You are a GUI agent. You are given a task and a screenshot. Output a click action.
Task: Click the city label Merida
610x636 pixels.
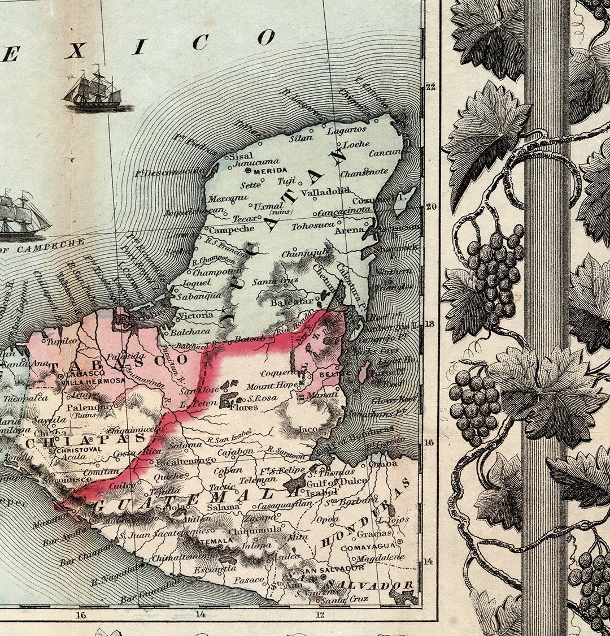[x=272, y=170]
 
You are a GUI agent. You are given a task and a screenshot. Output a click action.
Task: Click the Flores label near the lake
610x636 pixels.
[x=245, y=406]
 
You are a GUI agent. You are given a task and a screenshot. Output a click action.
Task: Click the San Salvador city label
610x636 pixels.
[x=332, y=568]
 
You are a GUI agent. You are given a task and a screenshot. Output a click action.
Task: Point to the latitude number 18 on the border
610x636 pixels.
[x=431, y=324]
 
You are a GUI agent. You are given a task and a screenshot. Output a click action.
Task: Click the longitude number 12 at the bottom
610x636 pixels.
[x=320, y=615]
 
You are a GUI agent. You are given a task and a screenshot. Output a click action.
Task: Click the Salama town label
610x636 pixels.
[x=223, y=507]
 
